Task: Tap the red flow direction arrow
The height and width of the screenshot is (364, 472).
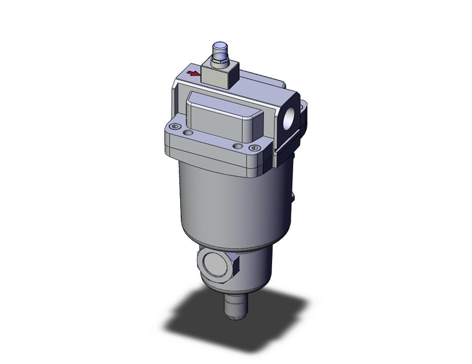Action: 194,75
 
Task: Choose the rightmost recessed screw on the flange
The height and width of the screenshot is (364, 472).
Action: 253,148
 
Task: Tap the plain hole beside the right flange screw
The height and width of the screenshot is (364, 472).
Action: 237,146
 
